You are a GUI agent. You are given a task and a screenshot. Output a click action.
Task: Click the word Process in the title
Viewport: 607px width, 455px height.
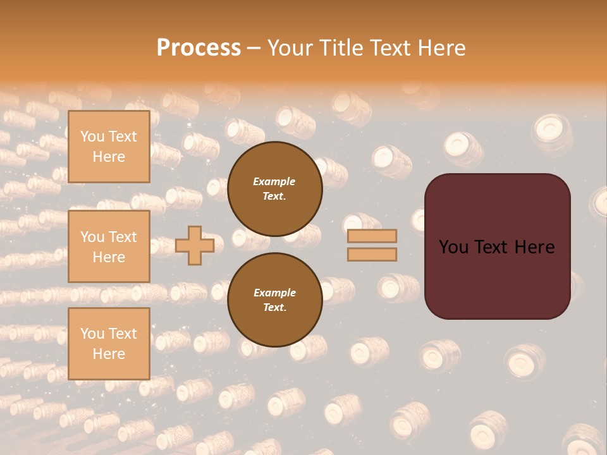click(199, 47)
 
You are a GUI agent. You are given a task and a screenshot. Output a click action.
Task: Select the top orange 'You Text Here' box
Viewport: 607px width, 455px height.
click(109, 147)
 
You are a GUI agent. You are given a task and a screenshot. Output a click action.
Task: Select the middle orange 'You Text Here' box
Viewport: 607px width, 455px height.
click(109, 246)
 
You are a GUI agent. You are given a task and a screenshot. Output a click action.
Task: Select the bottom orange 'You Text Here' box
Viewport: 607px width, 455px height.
click(109, 343)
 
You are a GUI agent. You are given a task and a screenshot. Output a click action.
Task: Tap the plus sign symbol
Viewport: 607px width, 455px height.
click(195, 245)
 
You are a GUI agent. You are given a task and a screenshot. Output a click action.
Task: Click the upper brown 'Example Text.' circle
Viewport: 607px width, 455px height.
click(274, 189)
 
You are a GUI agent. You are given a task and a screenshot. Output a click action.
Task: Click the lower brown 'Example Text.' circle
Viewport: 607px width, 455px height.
click(274, 300)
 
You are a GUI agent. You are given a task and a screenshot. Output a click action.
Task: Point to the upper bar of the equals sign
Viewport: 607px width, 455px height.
click(372, 236)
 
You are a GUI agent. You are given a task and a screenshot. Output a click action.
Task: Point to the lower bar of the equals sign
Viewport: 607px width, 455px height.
click(372, 254)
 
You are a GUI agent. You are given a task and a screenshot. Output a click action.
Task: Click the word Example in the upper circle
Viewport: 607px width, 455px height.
click(274, 181)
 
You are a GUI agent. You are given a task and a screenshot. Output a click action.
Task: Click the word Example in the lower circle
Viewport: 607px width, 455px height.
click(274, 293)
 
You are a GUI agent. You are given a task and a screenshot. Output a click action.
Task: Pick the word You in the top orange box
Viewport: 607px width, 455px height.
click(92, 136)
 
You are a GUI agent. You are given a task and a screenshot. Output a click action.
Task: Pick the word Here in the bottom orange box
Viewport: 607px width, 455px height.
click(109, 354)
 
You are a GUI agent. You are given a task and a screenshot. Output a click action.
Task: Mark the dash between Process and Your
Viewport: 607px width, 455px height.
click(254, 48)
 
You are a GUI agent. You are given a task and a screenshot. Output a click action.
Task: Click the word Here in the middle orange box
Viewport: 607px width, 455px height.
click(109, 257)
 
